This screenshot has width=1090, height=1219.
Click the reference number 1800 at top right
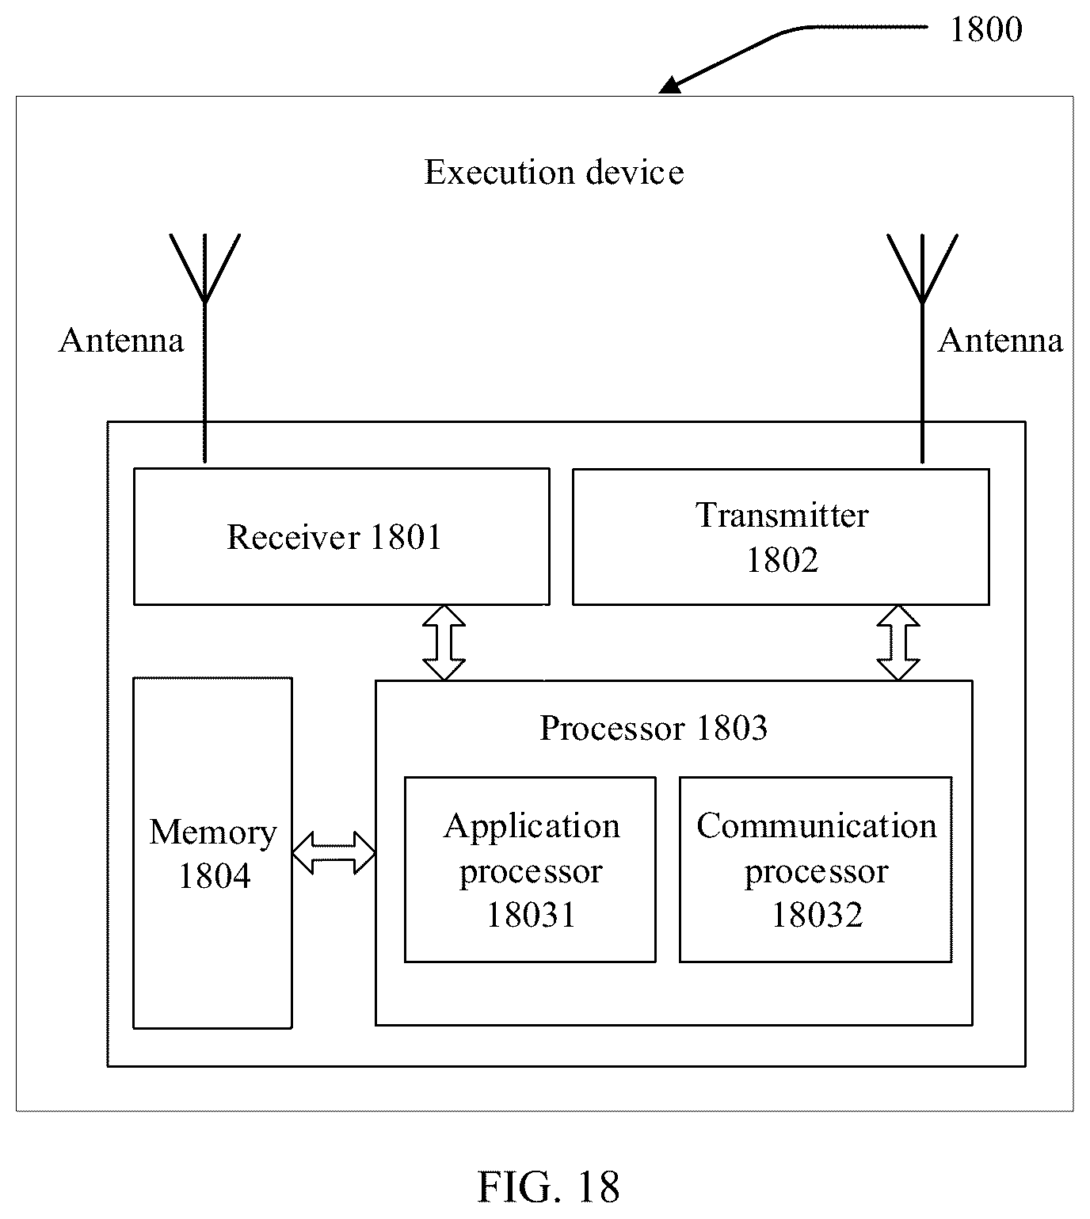986,29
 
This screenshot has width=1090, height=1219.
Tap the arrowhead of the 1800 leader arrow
670,85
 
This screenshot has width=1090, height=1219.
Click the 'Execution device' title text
554,172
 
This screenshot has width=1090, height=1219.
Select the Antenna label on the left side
121,341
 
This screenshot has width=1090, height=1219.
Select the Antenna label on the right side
1000,341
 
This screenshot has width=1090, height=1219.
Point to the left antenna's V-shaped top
204,269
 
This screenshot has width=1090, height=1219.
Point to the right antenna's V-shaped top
922,269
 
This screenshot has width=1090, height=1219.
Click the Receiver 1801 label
334,537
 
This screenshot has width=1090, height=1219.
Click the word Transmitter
782,515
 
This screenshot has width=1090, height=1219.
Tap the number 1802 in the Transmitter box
782,560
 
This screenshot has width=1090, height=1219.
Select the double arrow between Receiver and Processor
444,642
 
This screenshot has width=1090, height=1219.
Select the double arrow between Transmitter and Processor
898,642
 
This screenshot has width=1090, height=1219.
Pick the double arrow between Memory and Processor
334,852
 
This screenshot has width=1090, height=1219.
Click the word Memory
213,832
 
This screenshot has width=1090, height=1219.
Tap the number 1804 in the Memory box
214,875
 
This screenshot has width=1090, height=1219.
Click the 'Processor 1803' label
653,728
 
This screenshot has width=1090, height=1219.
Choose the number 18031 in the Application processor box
530,915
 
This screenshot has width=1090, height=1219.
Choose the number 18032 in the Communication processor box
817,915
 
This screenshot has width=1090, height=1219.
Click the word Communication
816,825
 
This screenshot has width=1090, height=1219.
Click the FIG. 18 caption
548,1187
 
